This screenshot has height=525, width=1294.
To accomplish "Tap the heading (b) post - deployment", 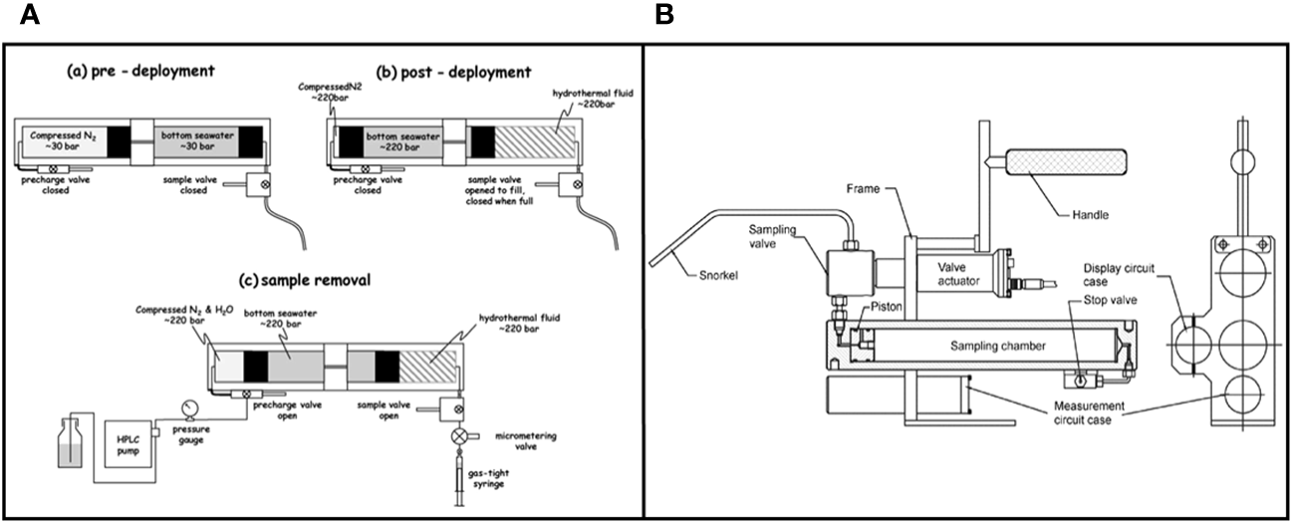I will pos(452,72).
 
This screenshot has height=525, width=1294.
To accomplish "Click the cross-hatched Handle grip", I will pos(1066,161).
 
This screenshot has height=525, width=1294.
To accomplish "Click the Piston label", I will pos(882,309).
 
